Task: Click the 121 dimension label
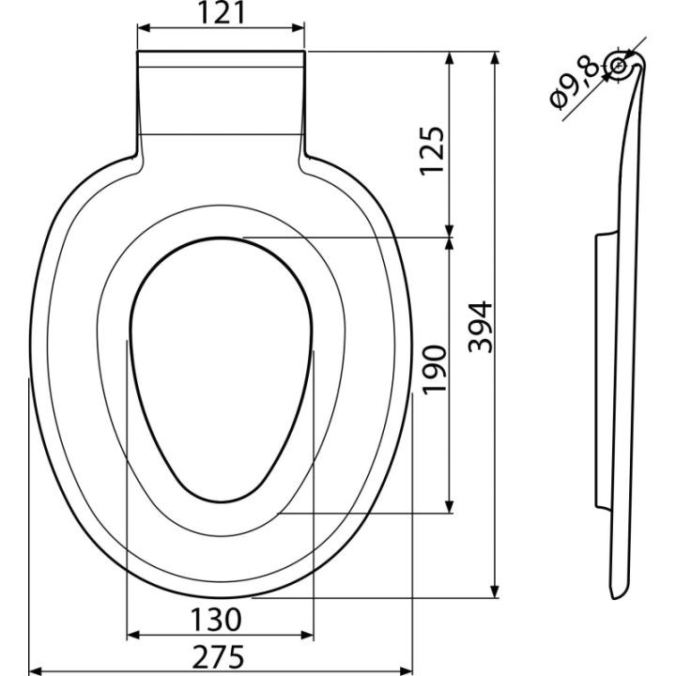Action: (222, 12)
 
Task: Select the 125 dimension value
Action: (432, 150)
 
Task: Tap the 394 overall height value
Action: (481, 328)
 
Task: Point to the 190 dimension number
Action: (433, 370)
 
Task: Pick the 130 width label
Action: (216, 620)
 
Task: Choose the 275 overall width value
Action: (218, 657)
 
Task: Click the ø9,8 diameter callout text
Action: (574, 84)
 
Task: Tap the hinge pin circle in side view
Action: (619, 66)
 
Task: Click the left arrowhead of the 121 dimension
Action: (144, 28)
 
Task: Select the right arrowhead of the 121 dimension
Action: (299, 28)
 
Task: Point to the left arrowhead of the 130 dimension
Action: (133, 635)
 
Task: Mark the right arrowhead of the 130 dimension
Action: (307, 635)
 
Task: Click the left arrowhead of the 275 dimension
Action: (35, 670)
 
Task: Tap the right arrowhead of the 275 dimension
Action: (407, 670)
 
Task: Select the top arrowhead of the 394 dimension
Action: (496, 58)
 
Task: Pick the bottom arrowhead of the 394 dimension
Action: (496, 591)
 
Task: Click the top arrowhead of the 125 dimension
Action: (450, 58)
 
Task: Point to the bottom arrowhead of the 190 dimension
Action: (450, 507)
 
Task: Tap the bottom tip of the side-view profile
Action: (614, 599)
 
